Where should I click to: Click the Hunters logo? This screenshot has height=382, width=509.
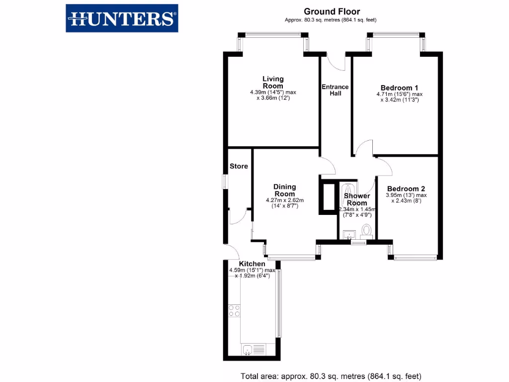(x=122, y=18)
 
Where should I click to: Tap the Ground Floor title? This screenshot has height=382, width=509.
(x=332, y=11)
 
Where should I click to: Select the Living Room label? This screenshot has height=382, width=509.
(x=273, y=82)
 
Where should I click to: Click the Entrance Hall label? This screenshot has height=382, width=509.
(x=335, y=90)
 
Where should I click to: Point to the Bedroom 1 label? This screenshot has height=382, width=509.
(x=399, y=86)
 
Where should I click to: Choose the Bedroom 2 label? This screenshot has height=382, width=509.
(x=406, y=189)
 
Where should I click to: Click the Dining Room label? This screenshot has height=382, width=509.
(x=285, y=191)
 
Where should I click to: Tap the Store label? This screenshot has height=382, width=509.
(x=239, y=166)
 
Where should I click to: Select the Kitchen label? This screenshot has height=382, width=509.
(x=252, y=264)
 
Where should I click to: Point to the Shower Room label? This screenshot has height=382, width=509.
(x=357, y=199)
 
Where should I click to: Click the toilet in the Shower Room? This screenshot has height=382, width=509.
(x=367, y=230)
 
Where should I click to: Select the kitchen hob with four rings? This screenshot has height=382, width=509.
(x=234, y=310)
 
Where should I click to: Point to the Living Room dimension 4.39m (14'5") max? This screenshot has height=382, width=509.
(x=273, y=93)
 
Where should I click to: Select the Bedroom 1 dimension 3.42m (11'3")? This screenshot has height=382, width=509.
(x=399, y=99)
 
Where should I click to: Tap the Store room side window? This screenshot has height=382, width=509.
(x=224, y=182)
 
